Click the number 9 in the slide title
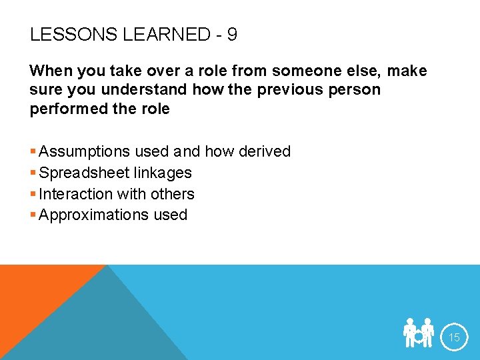click(x=231, y=35)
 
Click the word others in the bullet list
click(x=172, y=194)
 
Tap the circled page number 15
click(x=454, y=337)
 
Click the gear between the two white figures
click(x=419, y=337)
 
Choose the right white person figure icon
click(x=428, y=333)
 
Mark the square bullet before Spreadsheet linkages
click(x=33, y=173)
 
